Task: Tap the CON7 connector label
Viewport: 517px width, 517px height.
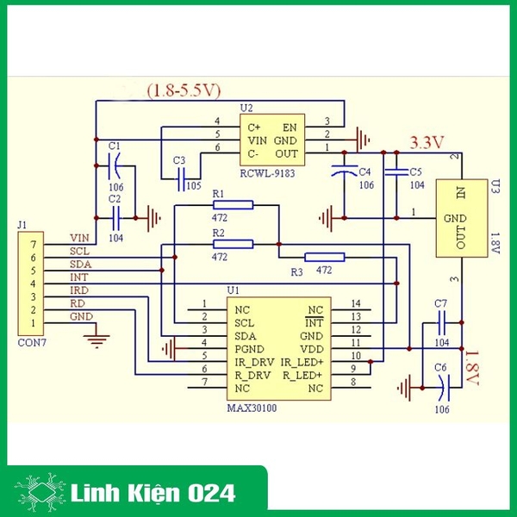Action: pyautogui.click(x=31, y=341)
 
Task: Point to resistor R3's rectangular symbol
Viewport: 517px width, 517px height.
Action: pyautogui.click(x=325, y=257)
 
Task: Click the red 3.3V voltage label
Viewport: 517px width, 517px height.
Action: pyautogui.click(x=427, y=142)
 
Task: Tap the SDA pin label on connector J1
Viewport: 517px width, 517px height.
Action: pyautogui.click(x=80, y=264)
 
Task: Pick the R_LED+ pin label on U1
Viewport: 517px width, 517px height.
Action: pyautogui.click(x=303, y=376)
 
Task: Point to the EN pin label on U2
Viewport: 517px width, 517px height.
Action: pyautogui.click(x=290, y=126)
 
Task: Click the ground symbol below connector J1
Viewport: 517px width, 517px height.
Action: pyautogui.click(x=99, y=338)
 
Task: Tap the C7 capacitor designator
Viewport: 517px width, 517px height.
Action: pyautogui.click(x=440, y=303)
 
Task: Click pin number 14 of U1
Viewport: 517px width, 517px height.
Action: pyautogui.click(x=356, y=303)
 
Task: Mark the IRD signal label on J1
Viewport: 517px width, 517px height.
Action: pyautogui.click(x=78, y=290)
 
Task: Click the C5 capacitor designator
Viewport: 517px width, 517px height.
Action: pyautogui.click(x=415, y=171)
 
